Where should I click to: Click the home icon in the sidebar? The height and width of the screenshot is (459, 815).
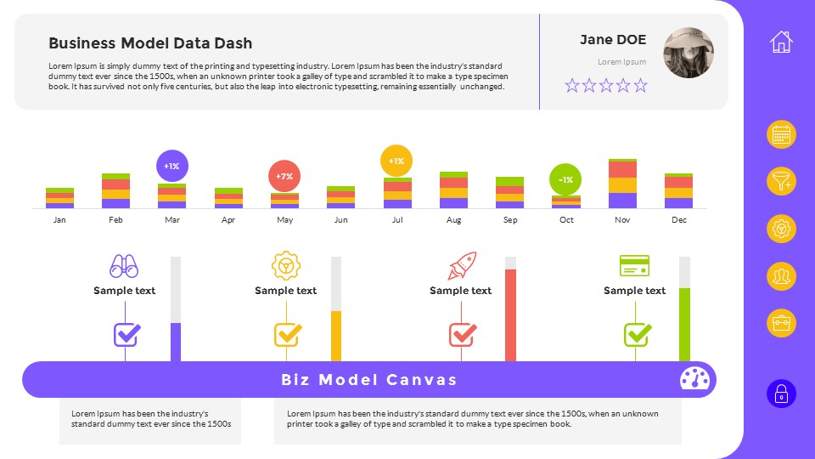(x=781, y=42)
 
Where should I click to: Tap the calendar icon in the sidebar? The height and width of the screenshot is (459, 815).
(x=781, y=134)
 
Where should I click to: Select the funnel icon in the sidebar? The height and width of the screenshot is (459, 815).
(x=781, y=181)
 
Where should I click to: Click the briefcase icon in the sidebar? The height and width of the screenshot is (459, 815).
(x=781, y=323)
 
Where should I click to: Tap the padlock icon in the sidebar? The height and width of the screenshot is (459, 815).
(x=781, y=394)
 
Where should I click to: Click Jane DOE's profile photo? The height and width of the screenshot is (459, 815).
(x=688, y=54)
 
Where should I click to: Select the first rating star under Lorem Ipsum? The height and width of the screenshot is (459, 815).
(x=572, y=85)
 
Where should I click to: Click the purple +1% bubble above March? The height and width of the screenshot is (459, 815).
(x=172, y=166)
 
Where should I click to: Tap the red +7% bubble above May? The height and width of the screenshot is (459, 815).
(x=284, y=176)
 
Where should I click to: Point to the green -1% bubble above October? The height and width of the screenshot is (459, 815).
(x=565, y=179)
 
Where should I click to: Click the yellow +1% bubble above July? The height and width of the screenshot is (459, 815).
(x=396, y=161)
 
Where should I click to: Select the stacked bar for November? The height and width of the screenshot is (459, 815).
(x=622, y=184)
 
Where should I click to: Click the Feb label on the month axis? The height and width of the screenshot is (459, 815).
(x=116, y=220)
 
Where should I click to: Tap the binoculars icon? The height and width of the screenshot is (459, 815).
(x=124, y=266)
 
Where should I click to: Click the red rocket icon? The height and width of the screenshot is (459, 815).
(x=462, y=266)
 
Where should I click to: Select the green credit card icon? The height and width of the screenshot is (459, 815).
(x=634, y=266)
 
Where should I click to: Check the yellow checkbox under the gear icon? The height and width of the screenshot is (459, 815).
(x=287, y=335)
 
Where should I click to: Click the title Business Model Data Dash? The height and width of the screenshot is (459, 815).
(x=150, y=43)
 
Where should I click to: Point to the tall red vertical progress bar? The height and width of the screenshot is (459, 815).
(x=510, y=314)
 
